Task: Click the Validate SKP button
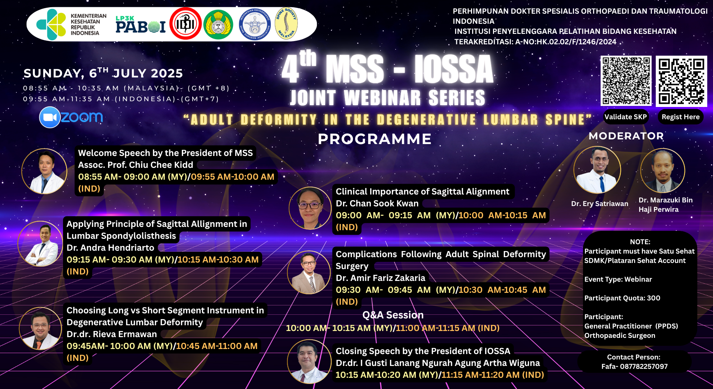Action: [625, 117]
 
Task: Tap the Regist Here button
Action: [680, 117]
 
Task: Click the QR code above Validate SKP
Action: [626, 81]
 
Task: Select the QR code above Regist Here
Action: [681, 81]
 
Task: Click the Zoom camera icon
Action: [49, 117]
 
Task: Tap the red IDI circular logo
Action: [185, 24]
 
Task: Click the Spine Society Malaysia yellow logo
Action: [286, 24]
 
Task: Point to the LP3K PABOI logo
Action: [140, 24]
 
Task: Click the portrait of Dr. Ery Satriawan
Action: [597, 170]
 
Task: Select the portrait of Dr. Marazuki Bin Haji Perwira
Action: [663, 171]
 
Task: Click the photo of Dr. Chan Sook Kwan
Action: [310, 208]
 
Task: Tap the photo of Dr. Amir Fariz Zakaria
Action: [309, 272]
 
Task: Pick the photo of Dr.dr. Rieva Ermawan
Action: [40, 328]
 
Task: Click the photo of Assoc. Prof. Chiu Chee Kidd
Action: [44, 171]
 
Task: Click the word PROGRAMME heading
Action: [375, 139]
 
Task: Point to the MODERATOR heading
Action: [626, 136]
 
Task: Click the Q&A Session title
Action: [393, 315]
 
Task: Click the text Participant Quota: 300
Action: [622, 298]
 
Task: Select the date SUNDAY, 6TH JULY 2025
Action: [103, 73]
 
